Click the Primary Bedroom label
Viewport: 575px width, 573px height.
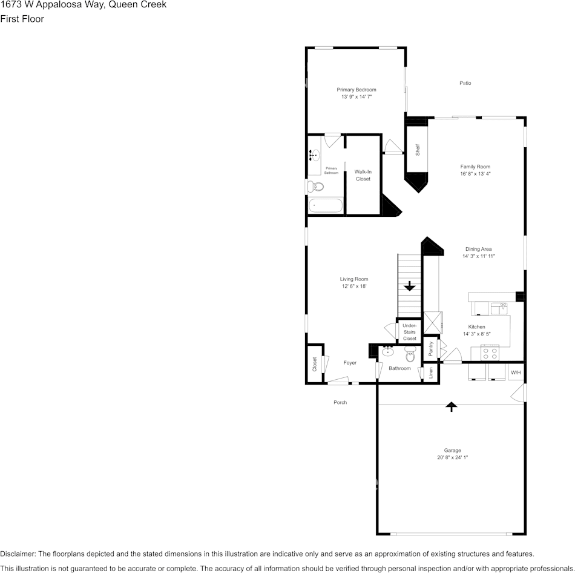tap(356, 90)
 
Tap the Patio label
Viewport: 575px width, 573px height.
tap(465, 83)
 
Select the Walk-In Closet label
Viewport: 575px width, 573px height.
tap(363, 175)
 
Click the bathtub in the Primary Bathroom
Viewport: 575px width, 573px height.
tap(326, 206)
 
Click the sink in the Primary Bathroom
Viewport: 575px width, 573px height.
tap(314, 156)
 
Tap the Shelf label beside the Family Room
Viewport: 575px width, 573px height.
tap(417, 150)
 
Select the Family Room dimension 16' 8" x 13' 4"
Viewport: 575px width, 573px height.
tap(475, 174)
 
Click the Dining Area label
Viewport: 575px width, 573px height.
tap(478, 249)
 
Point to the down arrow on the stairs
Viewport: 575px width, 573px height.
tap(410, 285)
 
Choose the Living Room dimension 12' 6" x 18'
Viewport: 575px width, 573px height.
tap(354, 286)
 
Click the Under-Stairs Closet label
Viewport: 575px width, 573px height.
tap(410, 332)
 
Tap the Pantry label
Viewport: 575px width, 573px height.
tap(430, 348)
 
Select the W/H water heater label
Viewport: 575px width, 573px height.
tap(516, 373)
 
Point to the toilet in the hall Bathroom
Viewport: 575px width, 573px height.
tap(410, 354)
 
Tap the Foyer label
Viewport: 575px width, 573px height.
tap(350, 363)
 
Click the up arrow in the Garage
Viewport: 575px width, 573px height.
tap(451, 406)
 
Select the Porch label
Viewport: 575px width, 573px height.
tap(340, 402)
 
